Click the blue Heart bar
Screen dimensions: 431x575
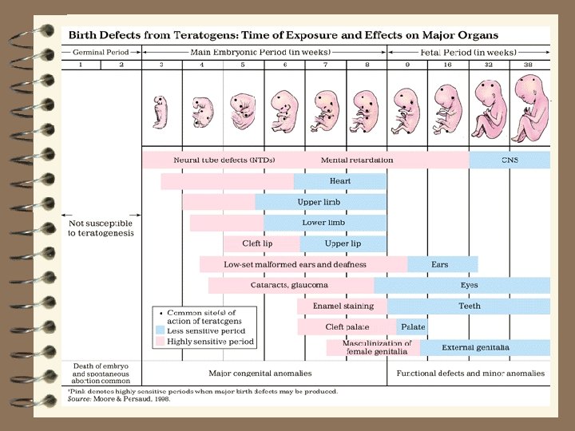[340, 181]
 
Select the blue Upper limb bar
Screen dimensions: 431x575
[320, 202]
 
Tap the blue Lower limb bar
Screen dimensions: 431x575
[325, 223]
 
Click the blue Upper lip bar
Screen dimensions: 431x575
[343, 243]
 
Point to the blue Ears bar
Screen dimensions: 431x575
[442, 264]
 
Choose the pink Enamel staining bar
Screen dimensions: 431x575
[342, 306]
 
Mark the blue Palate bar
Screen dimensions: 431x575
[412, 326]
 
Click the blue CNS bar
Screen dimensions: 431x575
[510, 160]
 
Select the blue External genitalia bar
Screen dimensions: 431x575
[485, 347]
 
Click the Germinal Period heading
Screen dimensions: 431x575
[101, 52]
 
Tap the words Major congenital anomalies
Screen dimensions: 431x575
[260, 373]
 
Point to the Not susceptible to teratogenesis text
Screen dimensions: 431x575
[101, 227]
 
